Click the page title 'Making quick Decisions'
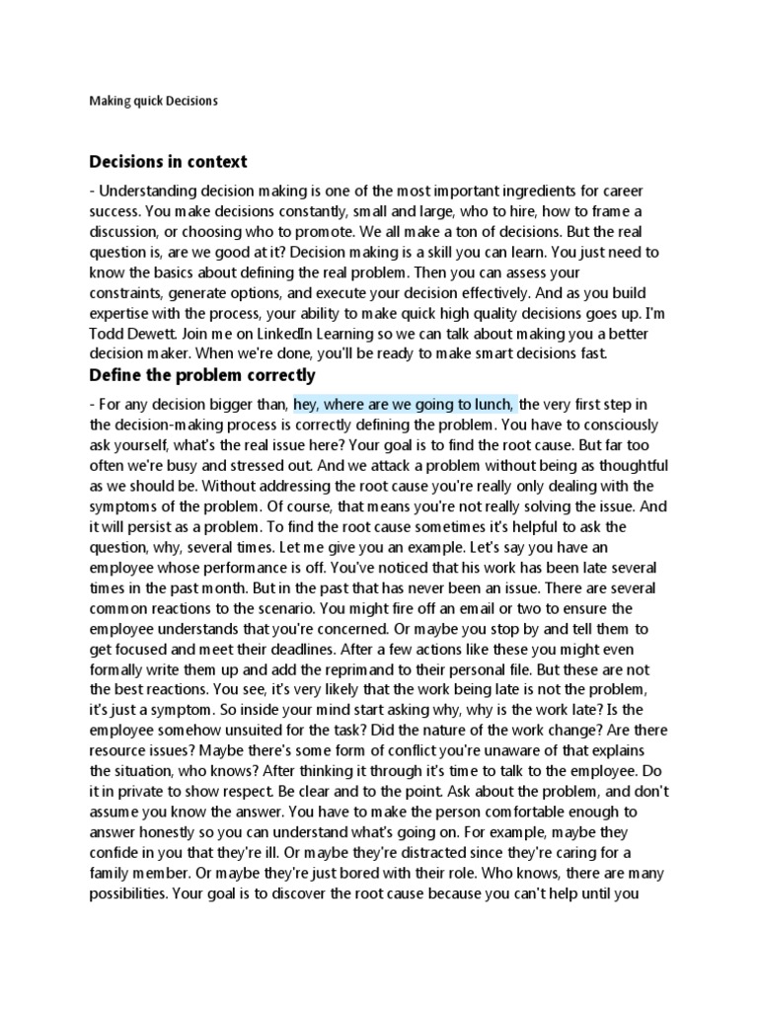tap(153, 101)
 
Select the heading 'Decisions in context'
tap(168, 161)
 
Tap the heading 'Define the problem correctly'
tap(202, 375)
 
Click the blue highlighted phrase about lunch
tap(404, 404)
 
